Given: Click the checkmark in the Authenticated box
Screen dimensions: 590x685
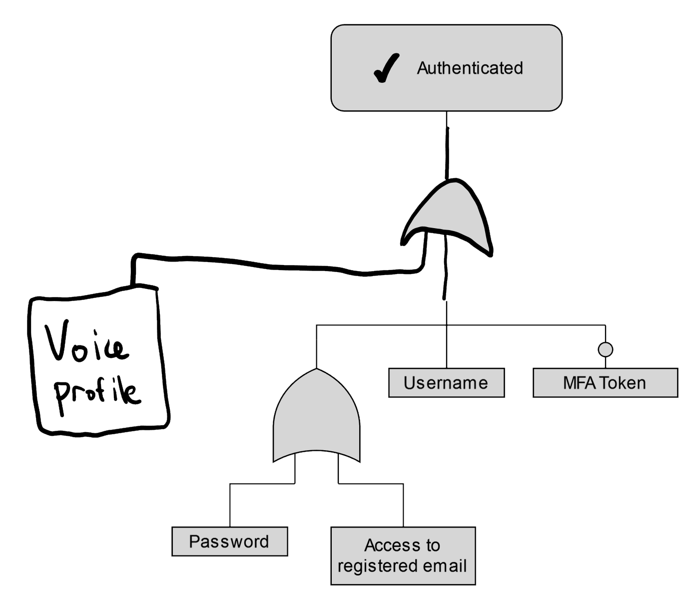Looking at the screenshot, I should [x=387, y=68].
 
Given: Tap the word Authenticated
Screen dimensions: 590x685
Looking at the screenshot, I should [x=470, y=68].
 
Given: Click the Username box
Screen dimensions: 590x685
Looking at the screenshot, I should [x=446, y=383].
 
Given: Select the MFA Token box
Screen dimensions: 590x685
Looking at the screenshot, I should [x=605, y=383].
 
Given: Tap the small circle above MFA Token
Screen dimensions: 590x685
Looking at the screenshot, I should [x=605, y=349].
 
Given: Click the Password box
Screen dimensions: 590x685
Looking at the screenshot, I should [x=229, y=542].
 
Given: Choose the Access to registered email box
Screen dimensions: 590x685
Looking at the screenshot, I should [x=403, y=556].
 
